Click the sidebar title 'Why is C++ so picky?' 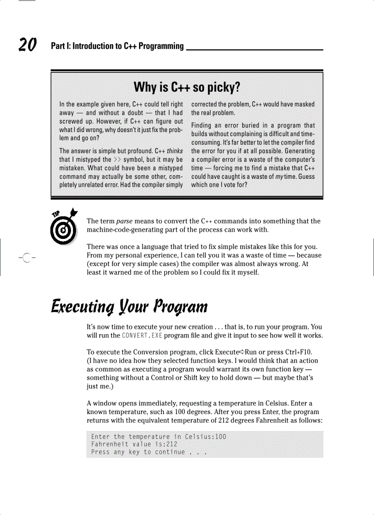(187, 87)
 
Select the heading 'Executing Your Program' (129, 305)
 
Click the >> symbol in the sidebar (119, 160)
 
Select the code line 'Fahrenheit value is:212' (134, 444)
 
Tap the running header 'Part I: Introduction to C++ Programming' (117, 46)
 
